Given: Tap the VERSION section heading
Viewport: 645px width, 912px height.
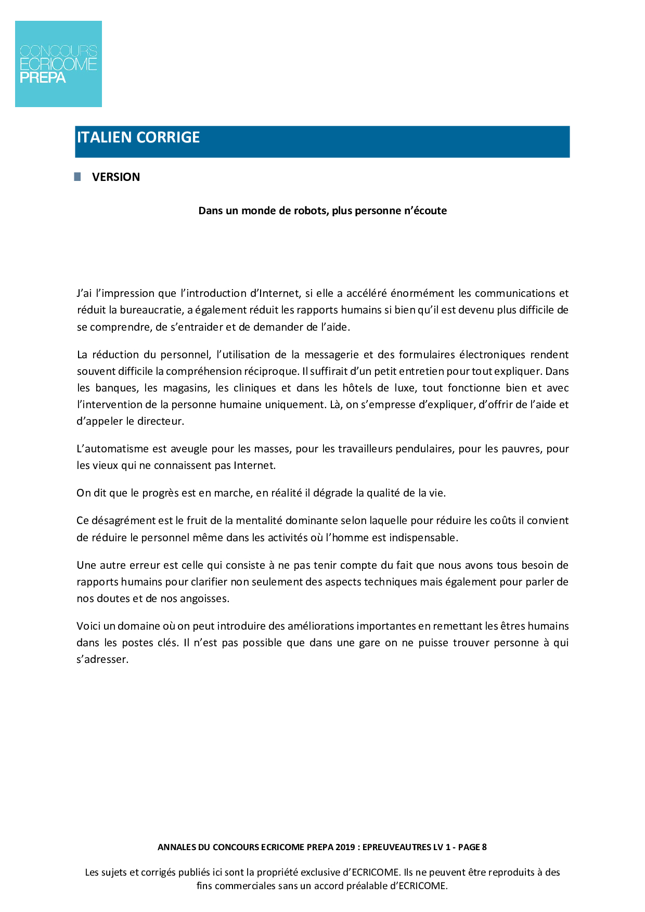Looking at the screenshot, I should (x=116, y=177).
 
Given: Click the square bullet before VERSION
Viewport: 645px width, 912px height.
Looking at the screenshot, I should (x=78, y=177).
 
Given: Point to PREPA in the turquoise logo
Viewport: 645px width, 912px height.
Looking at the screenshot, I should (x=43, y=78).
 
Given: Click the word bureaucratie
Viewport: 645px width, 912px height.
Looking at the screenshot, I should (x=152, y=310).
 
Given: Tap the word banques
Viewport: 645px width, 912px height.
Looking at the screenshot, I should (x=117, y=388).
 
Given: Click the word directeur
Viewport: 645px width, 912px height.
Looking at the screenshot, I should (x=160, y=421).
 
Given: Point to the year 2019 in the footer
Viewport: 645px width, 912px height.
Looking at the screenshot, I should (x=345, y=847).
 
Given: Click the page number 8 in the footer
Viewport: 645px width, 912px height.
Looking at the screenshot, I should (x=484, y=847).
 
